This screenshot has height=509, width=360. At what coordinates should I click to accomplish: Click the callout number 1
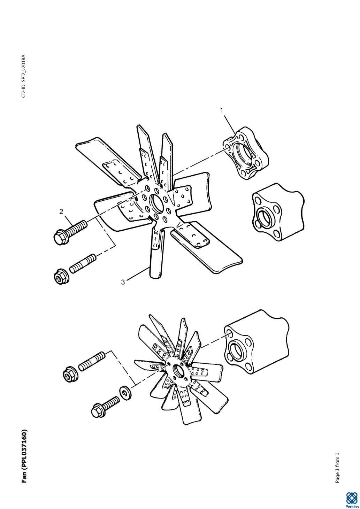point(222,110)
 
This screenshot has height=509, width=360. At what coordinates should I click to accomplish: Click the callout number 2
point(61,211)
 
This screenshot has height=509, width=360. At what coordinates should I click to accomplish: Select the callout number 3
point(123,282)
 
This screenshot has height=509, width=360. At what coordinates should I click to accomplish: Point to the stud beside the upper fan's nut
point(82,264)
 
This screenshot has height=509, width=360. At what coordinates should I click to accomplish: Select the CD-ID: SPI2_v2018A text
point(24,76)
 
